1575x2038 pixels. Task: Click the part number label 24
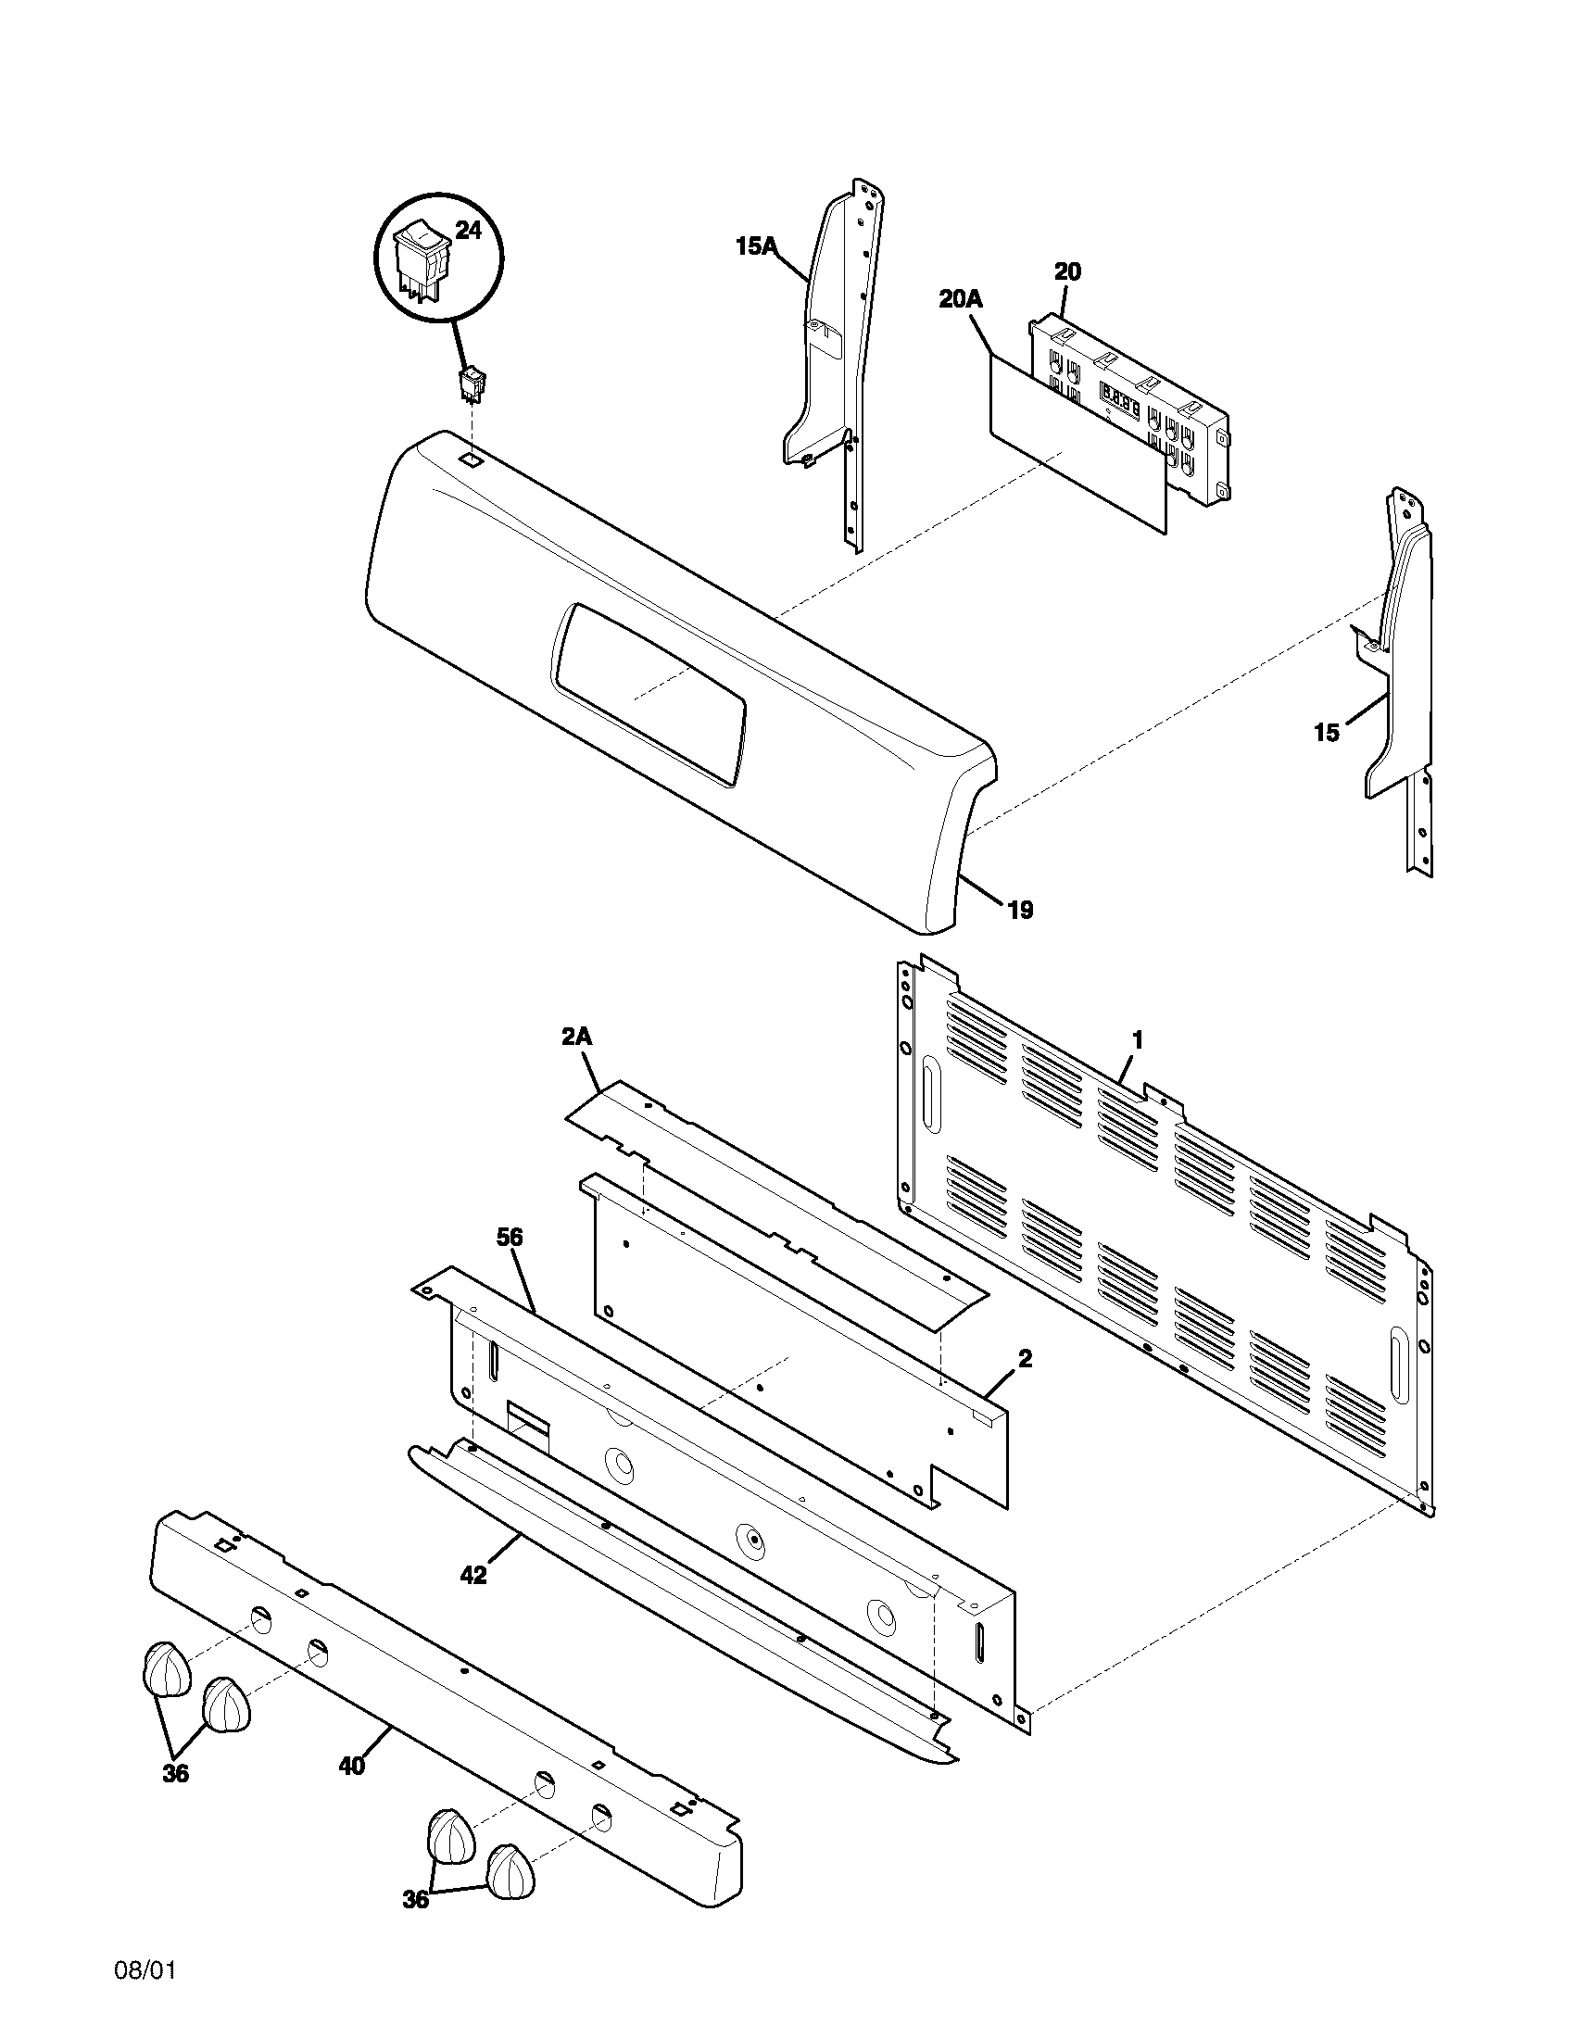point(468,230)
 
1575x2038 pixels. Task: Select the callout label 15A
point(756,246)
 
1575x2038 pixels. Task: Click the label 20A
point(961,298)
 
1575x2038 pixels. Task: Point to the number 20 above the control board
point(1067,271)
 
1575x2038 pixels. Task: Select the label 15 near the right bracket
point(1327,733)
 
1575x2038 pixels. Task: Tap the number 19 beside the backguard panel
point(1021,910)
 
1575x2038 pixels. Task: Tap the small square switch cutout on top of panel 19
point(473,459)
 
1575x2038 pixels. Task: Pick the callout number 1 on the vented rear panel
point(1138,1038)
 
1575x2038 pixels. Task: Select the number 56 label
point(510,1238)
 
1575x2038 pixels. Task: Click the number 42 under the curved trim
point(473,1575)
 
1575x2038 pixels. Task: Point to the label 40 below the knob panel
point(352,1767)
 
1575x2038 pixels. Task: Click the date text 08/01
point(145,1991)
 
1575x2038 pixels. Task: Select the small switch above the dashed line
point(472,383)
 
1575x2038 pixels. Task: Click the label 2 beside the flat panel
point(1026,1359)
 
